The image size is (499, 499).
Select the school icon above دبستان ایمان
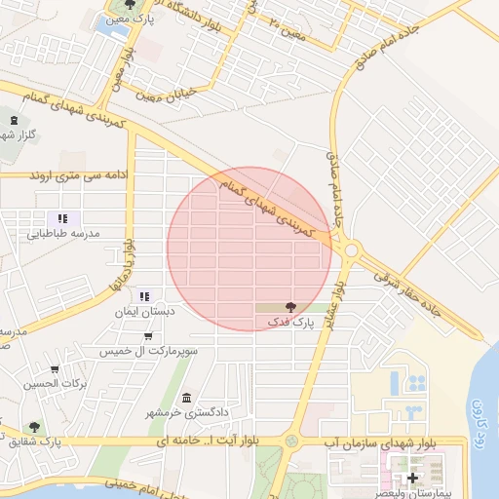coord(144,296)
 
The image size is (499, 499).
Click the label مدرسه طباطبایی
coord(63,234)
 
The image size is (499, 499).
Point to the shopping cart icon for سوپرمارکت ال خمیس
coord(147,335)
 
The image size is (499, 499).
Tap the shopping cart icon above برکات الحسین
coord(55,369)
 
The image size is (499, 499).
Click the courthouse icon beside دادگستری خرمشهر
coord(186,398)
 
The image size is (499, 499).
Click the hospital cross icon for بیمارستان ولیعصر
coord(412,478)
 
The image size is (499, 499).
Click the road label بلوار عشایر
coord(334,297)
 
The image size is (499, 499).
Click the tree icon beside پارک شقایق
coord(34,427)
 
